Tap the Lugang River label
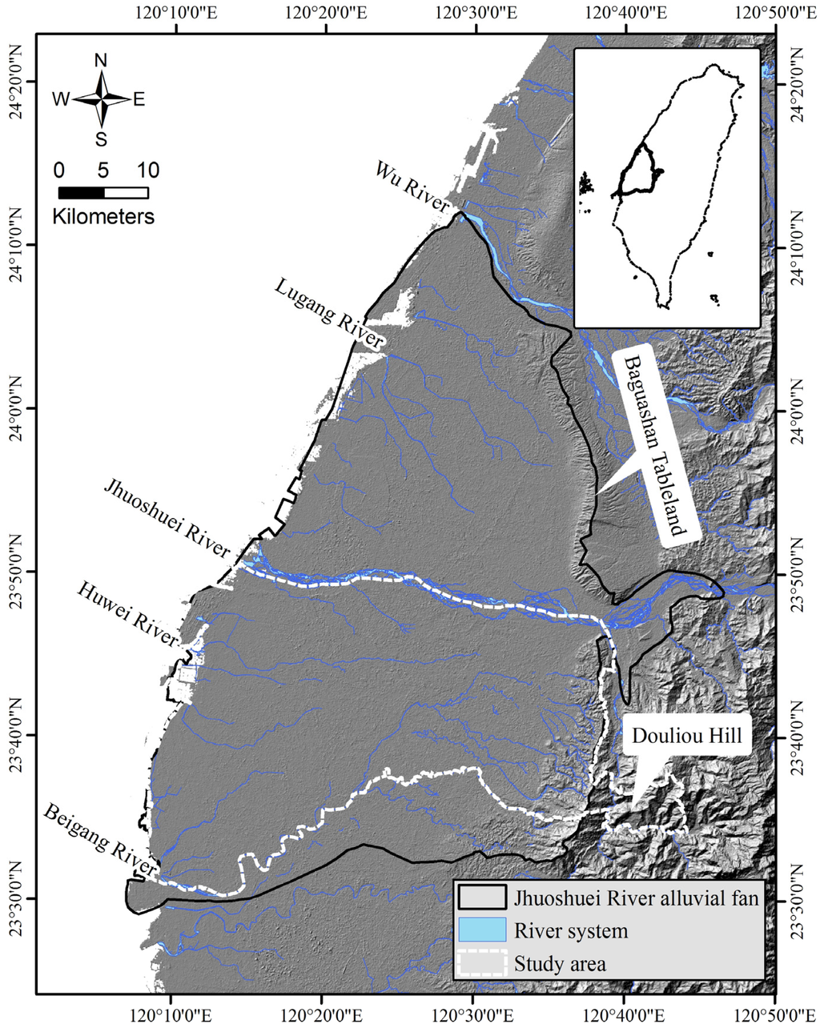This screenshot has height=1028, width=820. [x=329, y=313]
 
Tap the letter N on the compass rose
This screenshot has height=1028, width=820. [x=101, y=61]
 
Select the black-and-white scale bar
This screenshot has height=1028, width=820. [x=103, y=192]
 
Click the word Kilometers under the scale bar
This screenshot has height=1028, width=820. [x=103, y=216]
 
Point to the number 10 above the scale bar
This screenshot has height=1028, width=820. [x=147, y=170]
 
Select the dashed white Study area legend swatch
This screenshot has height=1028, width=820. [x=482, y=963]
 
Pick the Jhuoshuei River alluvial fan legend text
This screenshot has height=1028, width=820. [x=636, y=898]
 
